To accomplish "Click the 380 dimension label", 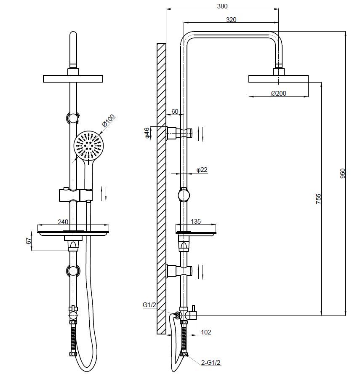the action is (x=222, y=6).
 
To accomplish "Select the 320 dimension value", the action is (x=231, y=19).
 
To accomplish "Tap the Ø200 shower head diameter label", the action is (x=279, y=93).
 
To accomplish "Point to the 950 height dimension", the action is (x=343, y=174).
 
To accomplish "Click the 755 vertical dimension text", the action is (x=318, y=199).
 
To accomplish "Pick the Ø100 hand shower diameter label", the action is (x=108, y=120).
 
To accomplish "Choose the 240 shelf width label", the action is (x=63, y=222).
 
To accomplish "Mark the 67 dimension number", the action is (x=29, y=241).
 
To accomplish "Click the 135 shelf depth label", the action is (x=196, y=221).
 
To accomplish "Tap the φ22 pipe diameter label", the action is (x=202, y=170).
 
